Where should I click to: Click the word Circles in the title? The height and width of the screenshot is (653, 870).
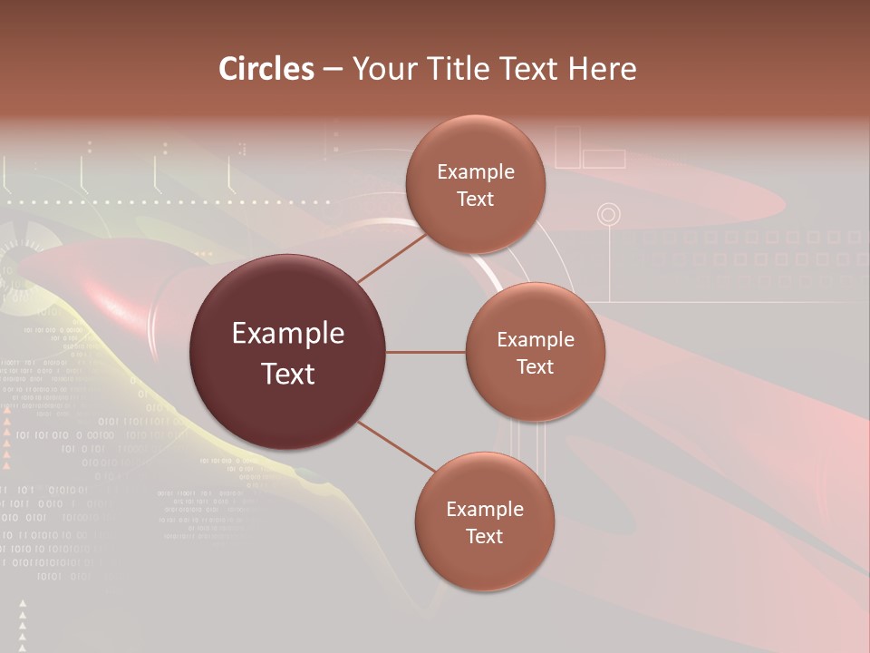[266, 69]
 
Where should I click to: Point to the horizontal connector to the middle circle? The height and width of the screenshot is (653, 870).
[426, 352]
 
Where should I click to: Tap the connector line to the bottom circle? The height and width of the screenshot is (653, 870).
[395, 446]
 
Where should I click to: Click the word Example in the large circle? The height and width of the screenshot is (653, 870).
[288, 334]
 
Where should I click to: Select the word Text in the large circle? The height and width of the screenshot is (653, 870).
[288, 374]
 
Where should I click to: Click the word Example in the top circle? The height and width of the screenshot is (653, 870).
[476, 172]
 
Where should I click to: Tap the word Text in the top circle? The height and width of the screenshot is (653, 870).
[476, 200]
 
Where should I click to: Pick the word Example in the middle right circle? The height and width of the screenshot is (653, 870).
[536, 340]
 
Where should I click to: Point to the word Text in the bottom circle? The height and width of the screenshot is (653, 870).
[484, 537]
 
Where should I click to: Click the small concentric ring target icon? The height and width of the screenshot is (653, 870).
[609, 215]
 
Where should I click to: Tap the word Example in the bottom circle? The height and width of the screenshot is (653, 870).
[484, 510]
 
